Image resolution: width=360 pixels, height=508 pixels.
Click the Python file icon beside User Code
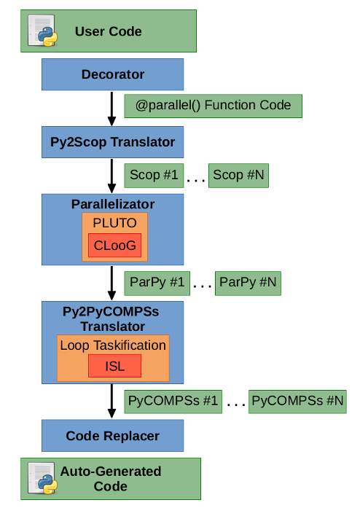42,31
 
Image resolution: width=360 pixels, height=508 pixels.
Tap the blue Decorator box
112,74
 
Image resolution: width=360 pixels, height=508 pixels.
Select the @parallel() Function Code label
214,106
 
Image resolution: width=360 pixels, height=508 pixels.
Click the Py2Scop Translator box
112,142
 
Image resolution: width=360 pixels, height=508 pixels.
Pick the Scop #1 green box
154,176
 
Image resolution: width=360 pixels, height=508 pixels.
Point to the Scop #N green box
238,176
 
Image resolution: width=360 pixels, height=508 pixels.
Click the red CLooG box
114,245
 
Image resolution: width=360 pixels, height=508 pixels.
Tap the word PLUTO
114,223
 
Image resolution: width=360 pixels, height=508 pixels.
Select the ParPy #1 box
157,284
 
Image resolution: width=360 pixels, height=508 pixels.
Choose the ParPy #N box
248,284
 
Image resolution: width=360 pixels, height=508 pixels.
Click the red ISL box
114,366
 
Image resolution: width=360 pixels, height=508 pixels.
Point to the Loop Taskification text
113,345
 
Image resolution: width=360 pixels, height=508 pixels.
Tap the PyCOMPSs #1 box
173,402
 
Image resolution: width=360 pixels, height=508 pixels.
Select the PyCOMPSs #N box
297,402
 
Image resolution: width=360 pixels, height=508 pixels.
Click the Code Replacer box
112,436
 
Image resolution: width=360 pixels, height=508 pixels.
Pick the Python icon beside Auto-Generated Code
42,479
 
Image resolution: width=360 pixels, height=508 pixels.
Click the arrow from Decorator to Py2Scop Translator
111,109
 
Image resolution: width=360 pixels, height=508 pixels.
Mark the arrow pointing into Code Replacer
111,401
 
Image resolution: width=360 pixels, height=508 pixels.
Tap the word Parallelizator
113,204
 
